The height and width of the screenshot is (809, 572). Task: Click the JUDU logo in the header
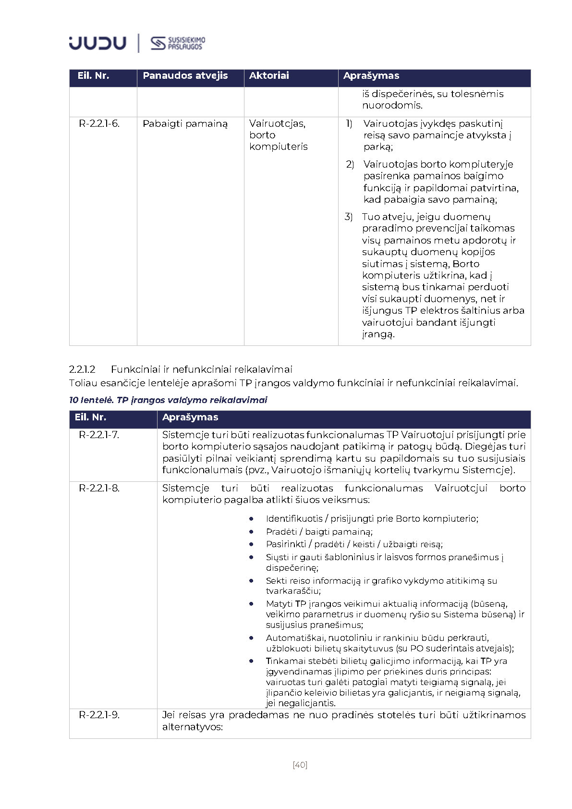pos(97,43)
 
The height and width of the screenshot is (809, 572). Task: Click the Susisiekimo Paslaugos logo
pos(178,43)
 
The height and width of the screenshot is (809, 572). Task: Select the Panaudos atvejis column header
pos(185,76)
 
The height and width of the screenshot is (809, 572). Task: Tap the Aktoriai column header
pos(269,76)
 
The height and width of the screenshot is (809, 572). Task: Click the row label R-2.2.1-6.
pos(99,124)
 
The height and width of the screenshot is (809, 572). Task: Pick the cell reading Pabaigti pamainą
pos(185,124)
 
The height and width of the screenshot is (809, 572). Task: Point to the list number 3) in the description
pos(349,217)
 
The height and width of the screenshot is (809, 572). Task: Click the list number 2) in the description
pos(350,165)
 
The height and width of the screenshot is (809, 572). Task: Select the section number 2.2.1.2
pos(82,369)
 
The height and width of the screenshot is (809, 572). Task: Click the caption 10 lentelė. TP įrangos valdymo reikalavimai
pos(168,400)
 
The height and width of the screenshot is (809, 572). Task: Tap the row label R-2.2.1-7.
pos(99,435)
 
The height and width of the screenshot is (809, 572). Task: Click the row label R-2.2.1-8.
pos(99,489)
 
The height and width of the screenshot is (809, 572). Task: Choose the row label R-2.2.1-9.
pos(99,715)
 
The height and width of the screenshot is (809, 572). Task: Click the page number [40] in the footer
pos(300,765)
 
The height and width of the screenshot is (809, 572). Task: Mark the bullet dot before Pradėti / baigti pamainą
pos(251,532)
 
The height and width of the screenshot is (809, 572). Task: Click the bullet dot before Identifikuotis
pos(251,519)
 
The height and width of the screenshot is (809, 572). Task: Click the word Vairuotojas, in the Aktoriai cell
pos(277,124)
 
